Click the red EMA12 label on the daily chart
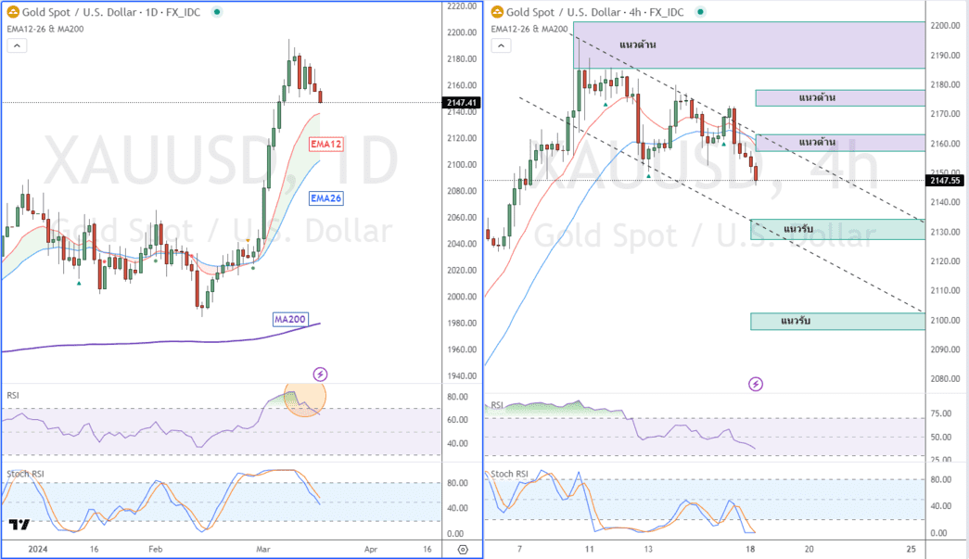tap(326, 144)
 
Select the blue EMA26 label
tap(326, 197)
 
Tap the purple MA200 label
tap(289, 319)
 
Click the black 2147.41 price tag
tap(460, 102)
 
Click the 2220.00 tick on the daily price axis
tap(460, 6)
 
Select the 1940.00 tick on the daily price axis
tap(460, 375)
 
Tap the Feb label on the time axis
tap(155, 549)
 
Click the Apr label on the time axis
tap(371, 549)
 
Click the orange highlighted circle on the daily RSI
tap(304, 398)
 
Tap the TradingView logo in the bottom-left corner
tap(18, 525)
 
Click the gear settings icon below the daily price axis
tap(462, 549)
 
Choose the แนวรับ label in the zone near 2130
tap(799, 229)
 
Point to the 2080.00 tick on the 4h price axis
tap(945, 378)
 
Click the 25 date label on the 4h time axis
tap(912, 549)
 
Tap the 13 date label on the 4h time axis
tap(648, 549)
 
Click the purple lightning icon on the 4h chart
tap(756, 384)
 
